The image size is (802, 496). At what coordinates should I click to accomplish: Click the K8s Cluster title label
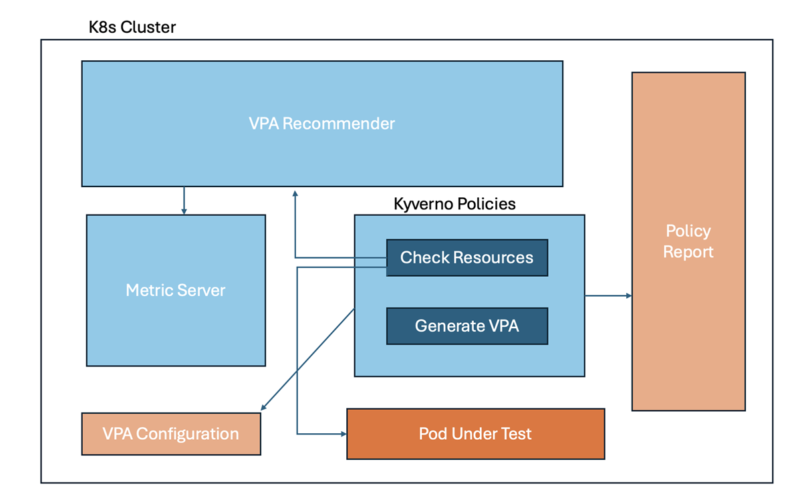pos(132,27)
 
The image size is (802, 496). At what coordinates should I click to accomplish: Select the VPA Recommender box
pos(322,124)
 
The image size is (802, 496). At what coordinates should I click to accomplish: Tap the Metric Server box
pos(176,290)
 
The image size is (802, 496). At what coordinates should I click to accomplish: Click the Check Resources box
pos(467,257)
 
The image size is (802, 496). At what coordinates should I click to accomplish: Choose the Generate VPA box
pos(467,326)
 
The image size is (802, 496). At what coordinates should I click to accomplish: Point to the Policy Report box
pos(688,241)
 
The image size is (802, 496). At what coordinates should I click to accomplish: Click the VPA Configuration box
pos(171,434)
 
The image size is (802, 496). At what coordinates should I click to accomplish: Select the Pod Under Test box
pos(476,434)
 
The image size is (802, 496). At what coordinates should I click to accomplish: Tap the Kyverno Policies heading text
pos(454,204)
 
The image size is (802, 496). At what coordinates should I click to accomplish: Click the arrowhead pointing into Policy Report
pos(629,296)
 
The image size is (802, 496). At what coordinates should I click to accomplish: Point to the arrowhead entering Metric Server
pos(184,211)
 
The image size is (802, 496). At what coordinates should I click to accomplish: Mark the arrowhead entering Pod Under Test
pos(344,434)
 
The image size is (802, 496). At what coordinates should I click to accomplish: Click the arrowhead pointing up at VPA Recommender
pos(295,194)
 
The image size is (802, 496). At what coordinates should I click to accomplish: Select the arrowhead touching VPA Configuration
pos(263,407)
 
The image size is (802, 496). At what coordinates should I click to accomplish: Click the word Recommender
pos(339,124)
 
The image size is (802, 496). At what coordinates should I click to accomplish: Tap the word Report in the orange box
pos(688,253)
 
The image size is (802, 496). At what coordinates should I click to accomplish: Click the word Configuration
pos(187,434)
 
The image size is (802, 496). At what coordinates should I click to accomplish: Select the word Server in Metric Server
pos(201,290)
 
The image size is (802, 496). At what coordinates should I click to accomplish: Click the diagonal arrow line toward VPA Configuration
pos(307,360)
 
